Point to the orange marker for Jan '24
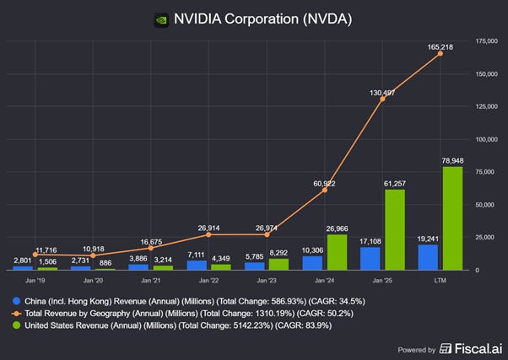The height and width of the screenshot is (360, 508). pyautogui.click(x=325, y=191)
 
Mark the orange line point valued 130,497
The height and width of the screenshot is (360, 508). pyautogui.click(x=382, y=99)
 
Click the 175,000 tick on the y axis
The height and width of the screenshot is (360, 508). pyautogui.click(x=484, y=40)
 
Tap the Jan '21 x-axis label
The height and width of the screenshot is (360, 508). pyautogui.click(x=150, y=279)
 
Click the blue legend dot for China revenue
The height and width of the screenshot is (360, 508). pyautogui.click(x=15, y=299)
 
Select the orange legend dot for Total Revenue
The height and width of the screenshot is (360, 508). pyautogui.click(x=15, y=314)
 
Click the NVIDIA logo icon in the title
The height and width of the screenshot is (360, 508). pyautogui.click(x=160, y=19)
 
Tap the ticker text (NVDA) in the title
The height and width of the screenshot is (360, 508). pyautogui.click(x=324, y=19)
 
